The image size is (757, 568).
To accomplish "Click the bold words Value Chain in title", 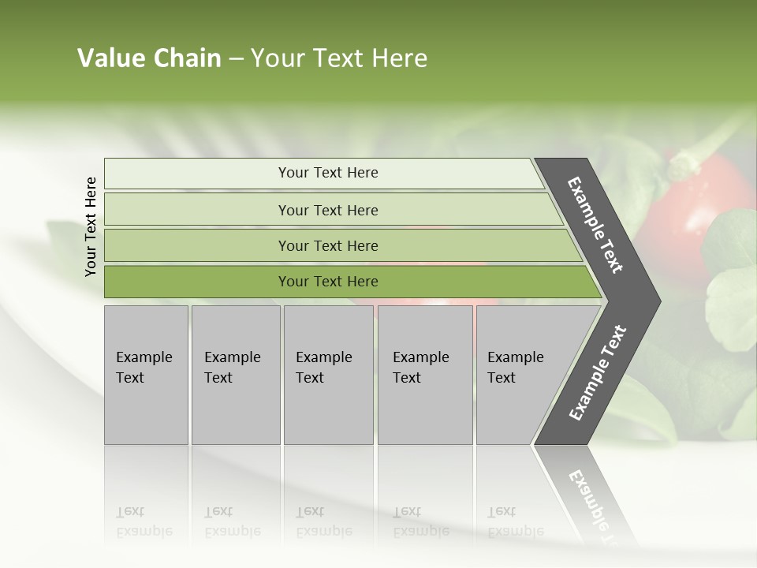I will (149, 58).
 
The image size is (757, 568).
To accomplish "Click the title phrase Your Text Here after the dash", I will (339, 58).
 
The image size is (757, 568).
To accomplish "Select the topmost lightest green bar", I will (197, 174).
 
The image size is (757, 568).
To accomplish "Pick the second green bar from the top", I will (197, 210).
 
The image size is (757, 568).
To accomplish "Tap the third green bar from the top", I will (197, 246).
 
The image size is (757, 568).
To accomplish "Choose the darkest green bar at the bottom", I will (197, 282).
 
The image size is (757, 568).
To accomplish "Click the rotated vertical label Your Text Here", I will (91, 226).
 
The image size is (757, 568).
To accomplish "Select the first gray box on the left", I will (146, 375).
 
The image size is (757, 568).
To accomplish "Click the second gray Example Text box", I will (235, 375).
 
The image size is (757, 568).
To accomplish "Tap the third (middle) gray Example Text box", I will (328, 375).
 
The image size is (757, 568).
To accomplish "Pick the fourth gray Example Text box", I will (424, 375).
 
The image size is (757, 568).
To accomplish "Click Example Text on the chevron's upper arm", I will (595, 225).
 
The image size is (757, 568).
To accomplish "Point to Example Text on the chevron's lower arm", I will (597, 373).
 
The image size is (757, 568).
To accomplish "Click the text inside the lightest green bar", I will (328, 173).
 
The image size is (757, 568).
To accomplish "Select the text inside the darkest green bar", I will (328, 282).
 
